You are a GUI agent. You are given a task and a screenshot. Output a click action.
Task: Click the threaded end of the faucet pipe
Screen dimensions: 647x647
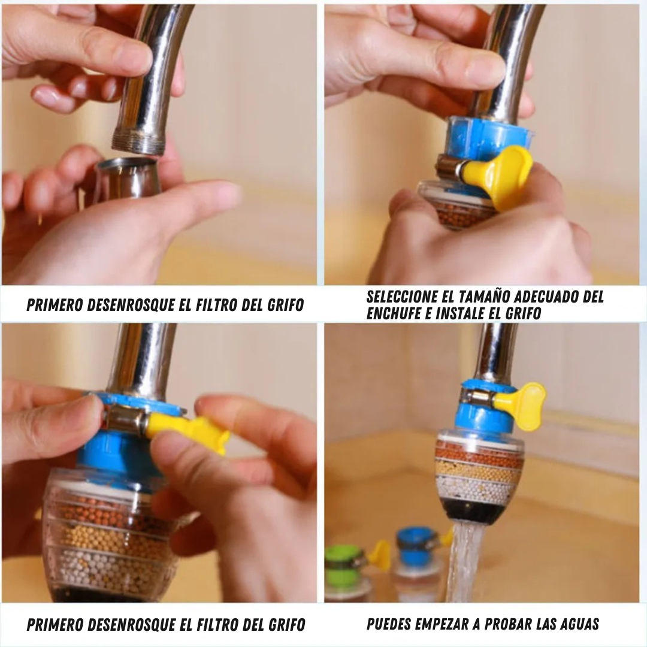138,141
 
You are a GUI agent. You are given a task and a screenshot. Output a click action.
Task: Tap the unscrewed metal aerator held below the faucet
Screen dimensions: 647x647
128,179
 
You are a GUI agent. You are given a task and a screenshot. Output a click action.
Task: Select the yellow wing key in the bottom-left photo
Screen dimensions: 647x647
188,430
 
